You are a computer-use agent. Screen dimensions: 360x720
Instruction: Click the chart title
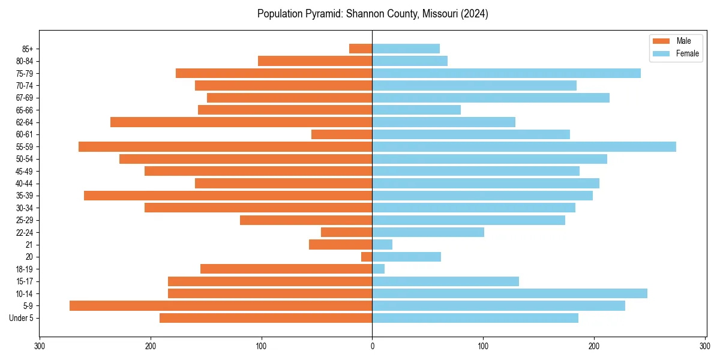point(373,14)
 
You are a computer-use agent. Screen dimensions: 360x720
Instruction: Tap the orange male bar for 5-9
point(221,306)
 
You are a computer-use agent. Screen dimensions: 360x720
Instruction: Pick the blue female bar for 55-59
point(524,147)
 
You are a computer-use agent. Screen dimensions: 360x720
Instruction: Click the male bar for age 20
point(367,257)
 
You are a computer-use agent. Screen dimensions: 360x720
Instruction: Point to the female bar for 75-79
point(506,73)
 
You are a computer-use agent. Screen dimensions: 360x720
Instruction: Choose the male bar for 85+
point(361,49)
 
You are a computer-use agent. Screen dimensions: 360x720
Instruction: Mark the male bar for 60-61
point(342,134)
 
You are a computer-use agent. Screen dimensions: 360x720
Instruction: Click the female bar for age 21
point(382,245)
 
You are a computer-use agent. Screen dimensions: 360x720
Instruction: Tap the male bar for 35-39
point(228,196)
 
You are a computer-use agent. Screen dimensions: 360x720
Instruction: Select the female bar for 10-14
point(509,293)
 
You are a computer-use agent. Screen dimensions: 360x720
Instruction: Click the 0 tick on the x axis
point(372,346)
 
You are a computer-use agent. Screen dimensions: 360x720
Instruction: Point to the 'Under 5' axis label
point(21,318)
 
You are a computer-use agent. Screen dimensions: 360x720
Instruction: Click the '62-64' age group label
point(25,122)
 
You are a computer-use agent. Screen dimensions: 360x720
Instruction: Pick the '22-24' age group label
point(25,232)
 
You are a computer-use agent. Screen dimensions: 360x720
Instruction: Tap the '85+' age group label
point(27,49)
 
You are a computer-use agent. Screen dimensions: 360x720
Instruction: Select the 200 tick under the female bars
point(594,346)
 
